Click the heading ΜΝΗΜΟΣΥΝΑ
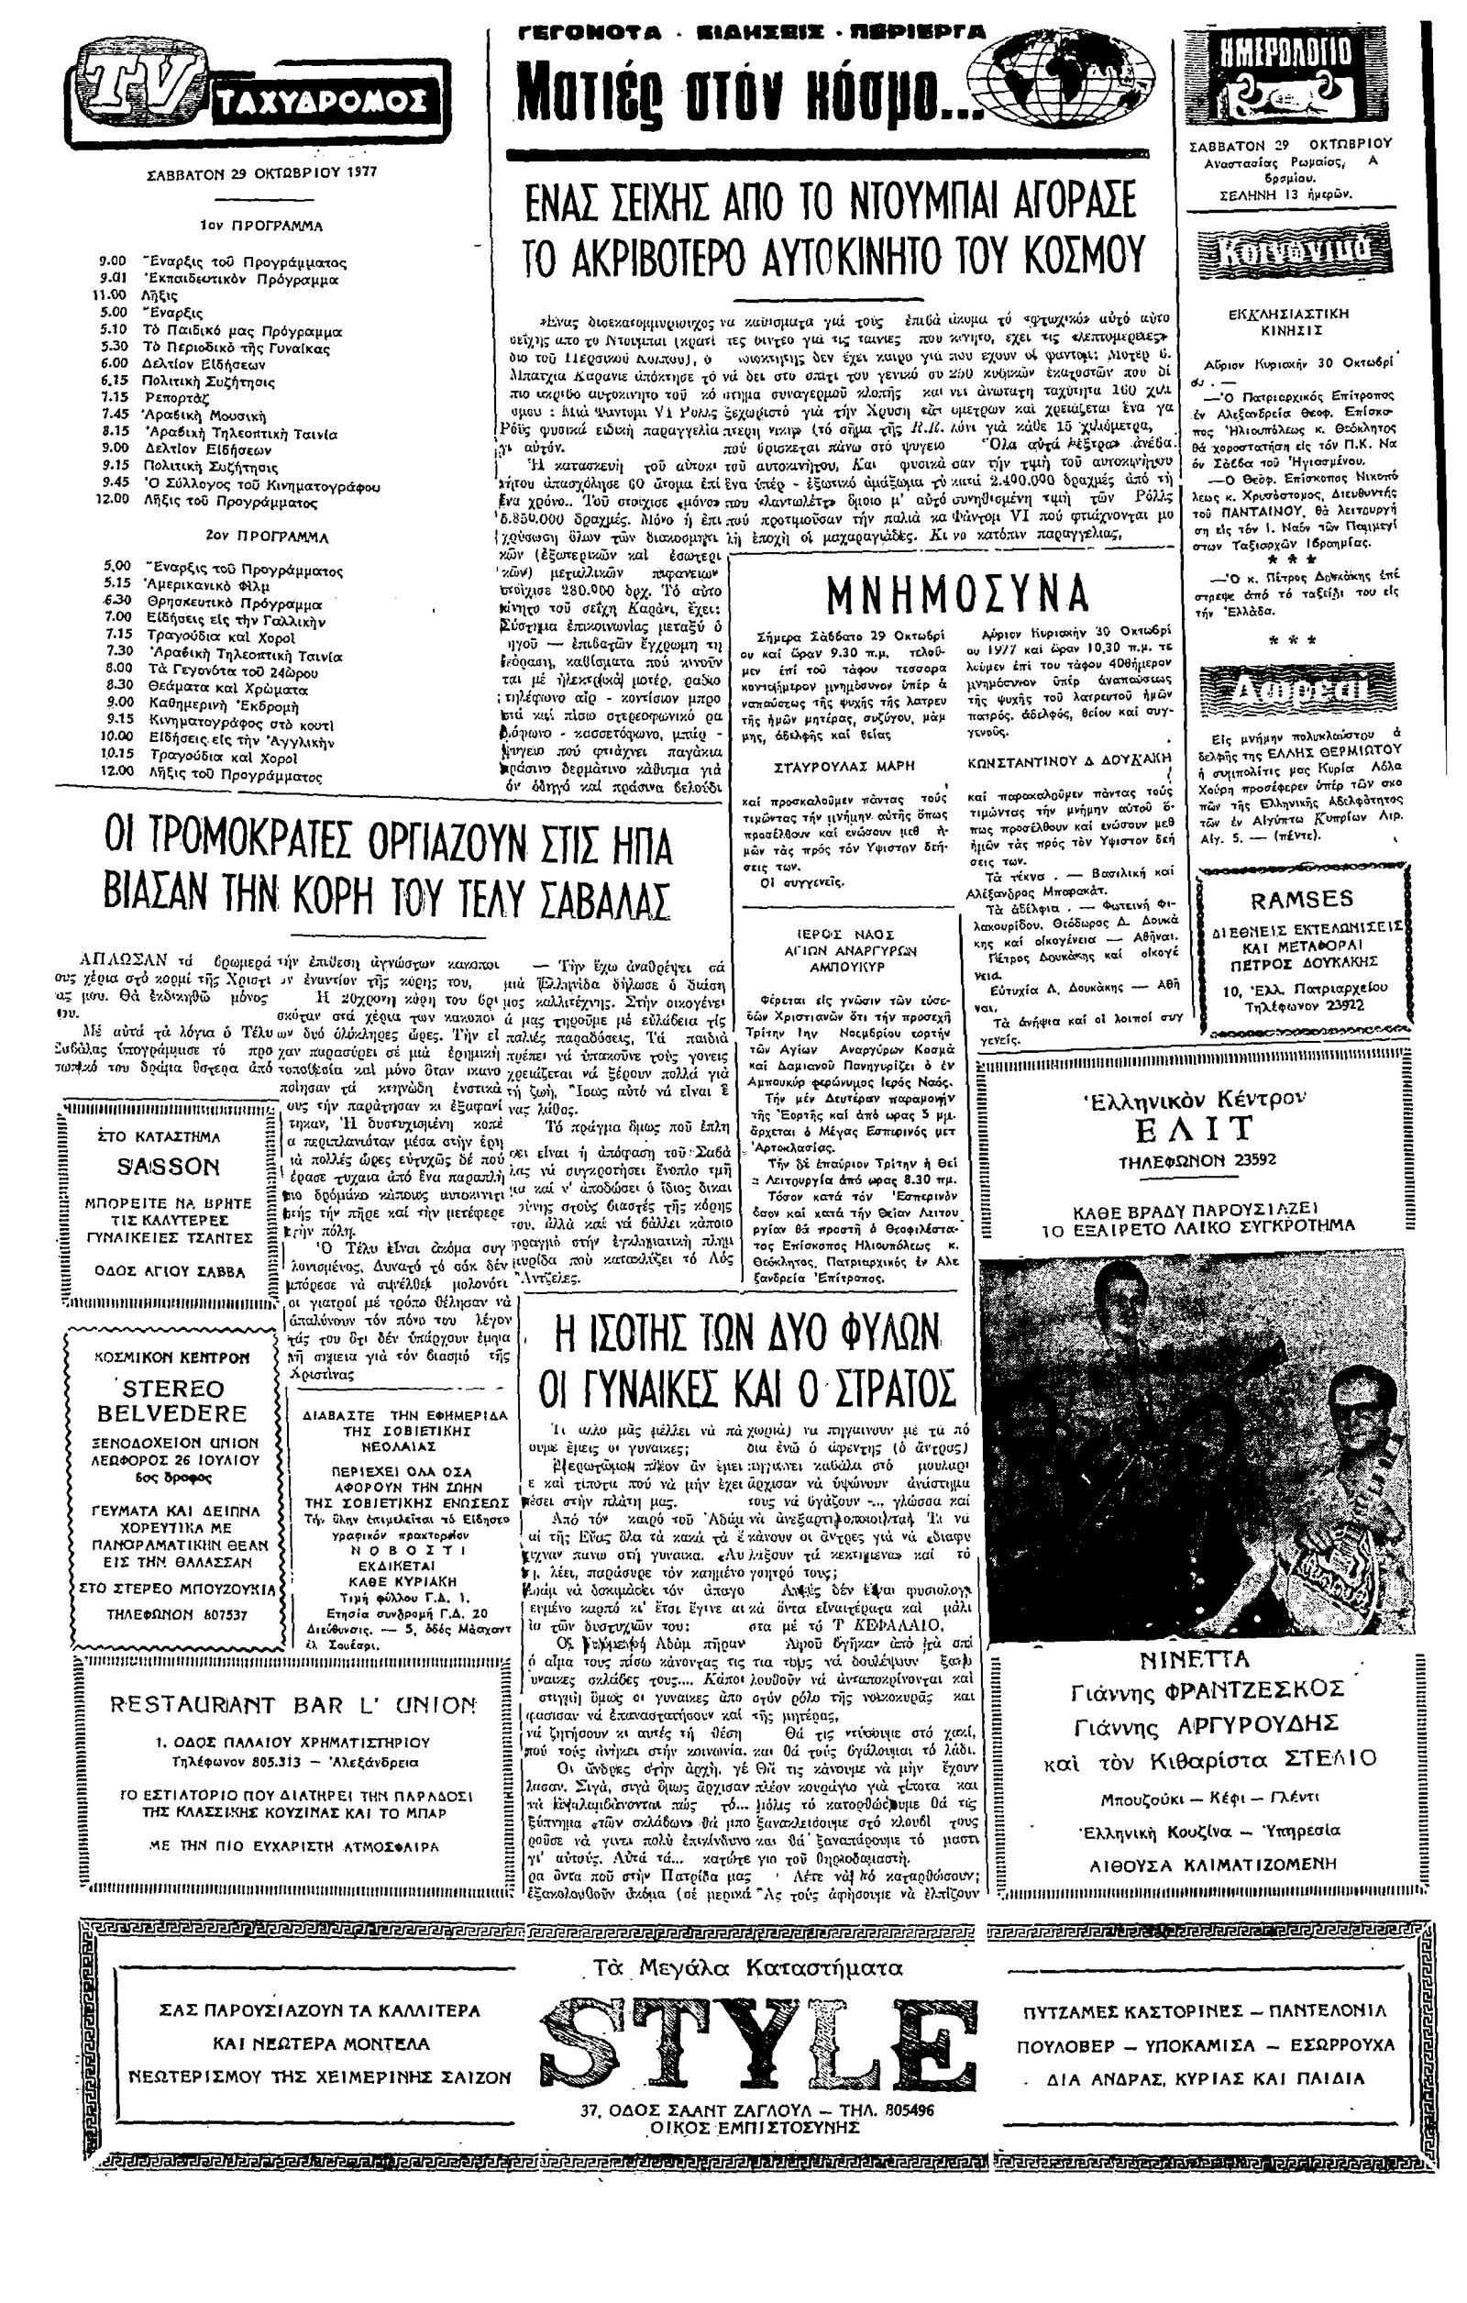pos(956,595)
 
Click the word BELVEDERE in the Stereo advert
pos(172,1413)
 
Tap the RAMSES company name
pos(1302,899)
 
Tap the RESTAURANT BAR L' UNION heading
pos(292,1705)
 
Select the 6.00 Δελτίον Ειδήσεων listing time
pos(116,364)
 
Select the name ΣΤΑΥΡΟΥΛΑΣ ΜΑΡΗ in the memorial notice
pos(831,766)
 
